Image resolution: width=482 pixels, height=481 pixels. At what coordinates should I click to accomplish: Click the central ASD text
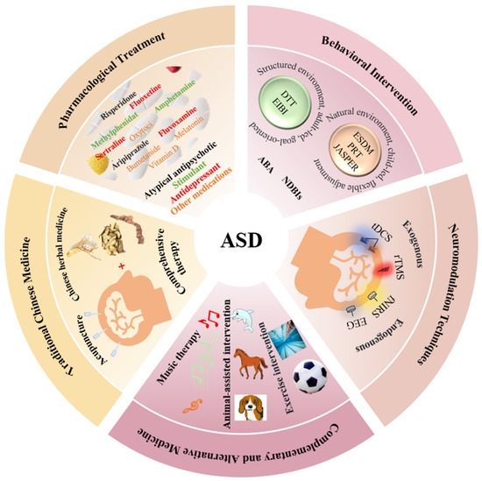tap(240, 239)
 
